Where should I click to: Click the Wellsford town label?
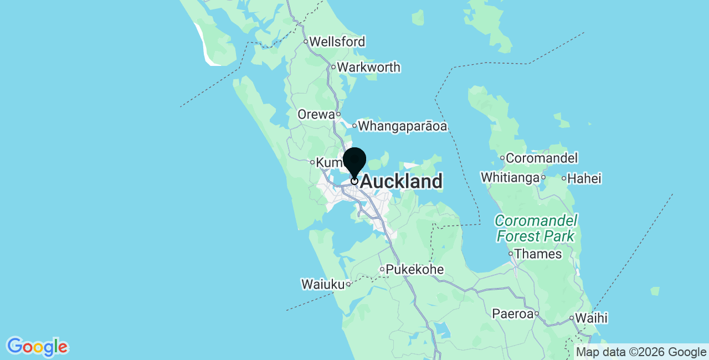[337, 42]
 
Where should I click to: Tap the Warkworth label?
[368, 68]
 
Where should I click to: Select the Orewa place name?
[316, 115]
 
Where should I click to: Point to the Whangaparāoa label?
[402, 126]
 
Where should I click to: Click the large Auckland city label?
[401, 182]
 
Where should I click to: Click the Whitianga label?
[510, 178]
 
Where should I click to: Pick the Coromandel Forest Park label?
[536, 229]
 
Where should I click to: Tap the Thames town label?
[538, 254]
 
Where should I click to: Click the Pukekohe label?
[415, 270]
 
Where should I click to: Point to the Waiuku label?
[322, 285]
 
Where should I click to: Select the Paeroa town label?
[512, 314]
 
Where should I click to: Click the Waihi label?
[591, 318]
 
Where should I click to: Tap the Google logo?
[37, 347]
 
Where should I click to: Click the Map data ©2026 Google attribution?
[641, 352]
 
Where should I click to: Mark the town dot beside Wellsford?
[305, 42]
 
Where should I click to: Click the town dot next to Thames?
[511, 254]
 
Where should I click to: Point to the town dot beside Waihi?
[571, 318]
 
